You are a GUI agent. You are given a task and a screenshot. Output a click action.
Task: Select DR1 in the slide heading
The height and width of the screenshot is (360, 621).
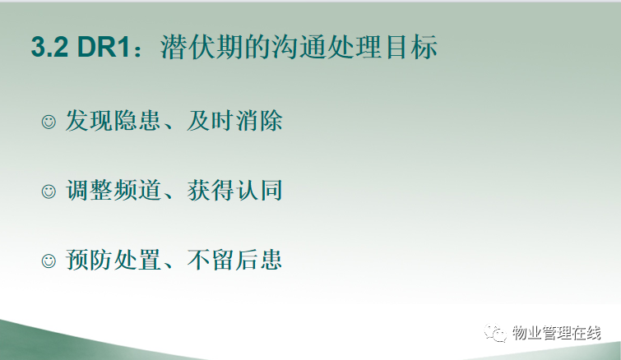click(x=104, y=47)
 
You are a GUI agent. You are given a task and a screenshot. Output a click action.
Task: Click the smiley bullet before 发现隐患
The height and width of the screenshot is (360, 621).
click(x=49, y=122)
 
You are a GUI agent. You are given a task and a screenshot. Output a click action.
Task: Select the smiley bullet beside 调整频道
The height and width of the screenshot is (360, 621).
click(x=49, y=192)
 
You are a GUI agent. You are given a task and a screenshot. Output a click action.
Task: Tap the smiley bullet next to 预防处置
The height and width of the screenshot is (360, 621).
click(x=49, y=261)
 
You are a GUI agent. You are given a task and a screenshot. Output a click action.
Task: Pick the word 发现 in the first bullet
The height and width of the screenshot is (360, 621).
click(x=89, y=120)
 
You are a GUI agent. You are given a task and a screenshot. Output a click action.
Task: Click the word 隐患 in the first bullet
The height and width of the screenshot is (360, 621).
click(x=137, y=120)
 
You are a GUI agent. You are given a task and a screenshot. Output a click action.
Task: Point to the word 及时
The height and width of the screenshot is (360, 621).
click(x=210, y=120)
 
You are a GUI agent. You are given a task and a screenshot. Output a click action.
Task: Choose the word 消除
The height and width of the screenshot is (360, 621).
click(x=258, y=120)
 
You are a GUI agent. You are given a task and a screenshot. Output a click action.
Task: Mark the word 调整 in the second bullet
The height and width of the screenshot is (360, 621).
click(x=89, y=190)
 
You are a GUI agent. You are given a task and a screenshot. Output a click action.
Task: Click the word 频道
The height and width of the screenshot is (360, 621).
click(x=137, y=190)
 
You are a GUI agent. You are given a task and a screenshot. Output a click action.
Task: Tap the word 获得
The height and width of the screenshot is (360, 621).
click(x=210, y=190)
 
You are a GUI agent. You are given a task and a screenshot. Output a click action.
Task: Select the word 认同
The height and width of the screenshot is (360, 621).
click(x=258, y=190)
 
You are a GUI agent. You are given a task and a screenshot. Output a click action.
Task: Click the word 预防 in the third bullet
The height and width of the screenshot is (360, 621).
click(x=89, y=260)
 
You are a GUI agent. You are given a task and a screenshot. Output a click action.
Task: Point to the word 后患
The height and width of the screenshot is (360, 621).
click(x=258, y=260)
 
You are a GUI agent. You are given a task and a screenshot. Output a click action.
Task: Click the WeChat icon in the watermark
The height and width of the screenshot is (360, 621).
click(x=495, y=333)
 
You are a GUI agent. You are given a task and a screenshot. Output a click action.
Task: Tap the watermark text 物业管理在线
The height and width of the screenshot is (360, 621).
click(x=557, y=333)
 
